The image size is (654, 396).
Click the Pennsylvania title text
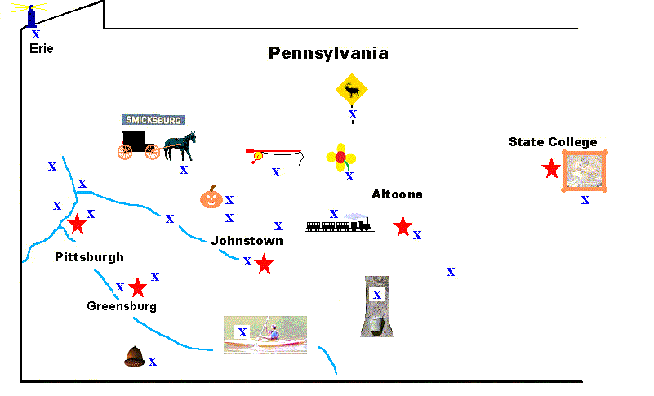click(x=328, y=54)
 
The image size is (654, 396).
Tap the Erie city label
click(x=41, y=48)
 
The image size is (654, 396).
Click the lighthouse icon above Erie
click(x=32, y=15)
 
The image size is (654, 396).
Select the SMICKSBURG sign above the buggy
click(x=153, y=119)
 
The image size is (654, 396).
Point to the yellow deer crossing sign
click(x=352, y=90)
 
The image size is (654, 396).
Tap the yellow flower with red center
click(x=340, y=157)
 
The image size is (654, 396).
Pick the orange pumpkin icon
click(x=211, y=196)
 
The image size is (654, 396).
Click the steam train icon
click(x=340, y=225)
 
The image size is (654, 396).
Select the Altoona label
click(x=397, y=194)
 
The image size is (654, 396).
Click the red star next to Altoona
click(x=402, y=226)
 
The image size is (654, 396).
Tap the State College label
click(x=553, y=142)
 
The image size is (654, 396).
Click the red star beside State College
click(x=551, y=168)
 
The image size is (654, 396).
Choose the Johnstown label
click(x=247, y=241)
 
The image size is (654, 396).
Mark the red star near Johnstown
click(x=264, y=264)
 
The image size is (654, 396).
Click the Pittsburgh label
click(x=89, y=257)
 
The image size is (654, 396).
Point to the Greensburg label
click(x=122, y=306)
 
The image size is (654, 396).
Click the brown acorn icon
click(x=134, y=356)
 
